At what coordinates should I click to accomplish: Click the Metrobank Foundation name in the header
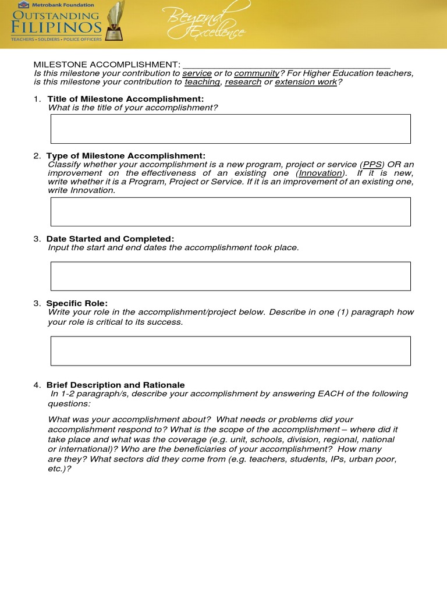coord(62,5)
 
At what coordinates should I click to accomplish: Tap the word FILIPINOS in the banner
coord(56,27)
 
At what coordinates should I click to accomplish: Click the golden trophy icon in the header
coord(115,21)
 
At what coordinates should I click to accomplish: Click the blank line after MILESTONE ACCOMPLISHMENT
coord(286,65)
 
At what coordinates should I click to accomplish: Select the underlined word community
coord(257,73)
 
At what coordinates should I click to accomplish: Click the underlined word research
coord(243,82)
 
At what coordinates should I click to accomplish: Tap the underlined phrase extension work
coord(306,82)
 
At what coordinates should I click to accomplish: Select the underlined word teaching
coord(202,82)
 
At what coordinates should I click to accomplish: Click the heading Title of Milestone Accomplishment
coord(125,99)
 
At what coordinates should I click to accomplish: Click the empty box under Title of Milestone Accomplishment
coord(230,129)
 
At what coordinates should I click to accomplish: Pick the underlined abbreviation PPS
coord(372,165)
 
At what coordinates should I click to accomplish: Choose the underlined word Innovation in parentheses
coord(320,173)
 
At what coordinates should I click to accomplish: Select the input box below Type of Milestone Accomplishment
coord(230,211)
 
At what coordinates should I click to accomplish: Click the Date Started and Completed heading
coord(110,239)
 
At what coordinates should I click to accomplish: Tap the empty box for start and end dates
coord(230,276)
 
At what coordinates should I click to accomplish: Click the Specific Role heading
coord(77,303)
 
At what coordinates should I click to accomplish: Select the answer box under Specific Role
coord(230,351)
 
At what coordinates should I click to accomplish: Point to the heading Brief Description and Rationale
coord(115,385)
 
